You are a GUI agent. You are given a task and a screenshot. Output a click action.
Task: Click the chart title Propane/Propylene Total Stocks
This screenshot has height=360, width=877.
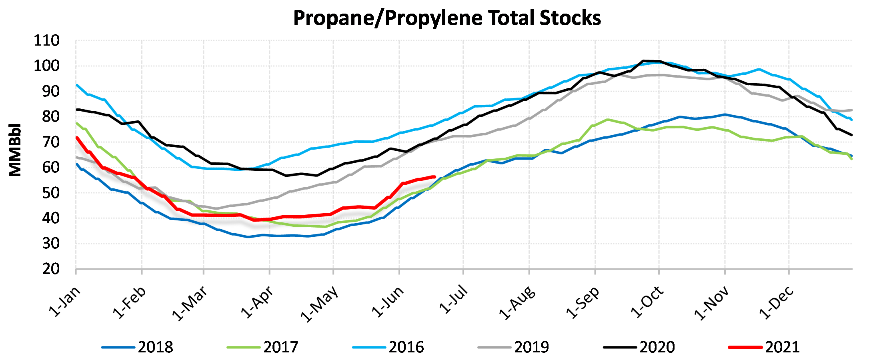447,18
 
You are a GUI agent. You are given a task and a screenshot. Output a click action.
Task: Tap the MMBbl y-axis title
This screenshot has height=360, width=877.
15,150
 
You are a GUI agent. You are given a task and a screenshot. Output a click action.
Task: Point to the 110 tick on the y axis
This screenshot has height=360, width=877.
47,41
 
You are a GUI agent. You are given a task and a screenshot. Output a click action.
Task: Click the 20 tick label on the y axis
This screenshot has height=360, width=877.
51,269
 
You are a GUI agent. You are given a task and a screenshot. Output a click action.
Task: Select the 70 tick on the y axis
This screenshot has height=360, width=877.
51,142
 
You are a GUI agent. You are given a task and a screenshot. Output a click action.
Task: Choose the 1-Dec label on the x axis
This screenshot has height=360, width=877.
777,302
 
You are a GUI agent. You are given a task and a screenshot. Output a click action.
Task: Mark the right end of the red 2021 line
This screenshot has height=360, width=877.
434,176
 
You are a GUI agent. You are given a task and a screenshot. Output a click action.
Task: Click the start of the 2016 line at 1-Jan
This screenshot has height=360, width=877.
76,85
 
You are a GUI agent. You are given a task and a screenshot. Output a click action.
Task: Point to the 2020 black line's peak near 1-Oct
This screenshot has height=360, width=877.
643,61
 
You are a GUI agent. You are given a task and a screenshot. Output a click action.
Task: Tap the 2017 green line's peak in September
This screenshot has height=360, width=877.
608,120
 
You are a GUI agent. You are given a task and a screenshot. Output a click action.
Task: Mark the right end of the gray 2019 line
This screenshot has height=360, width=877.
852,110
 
